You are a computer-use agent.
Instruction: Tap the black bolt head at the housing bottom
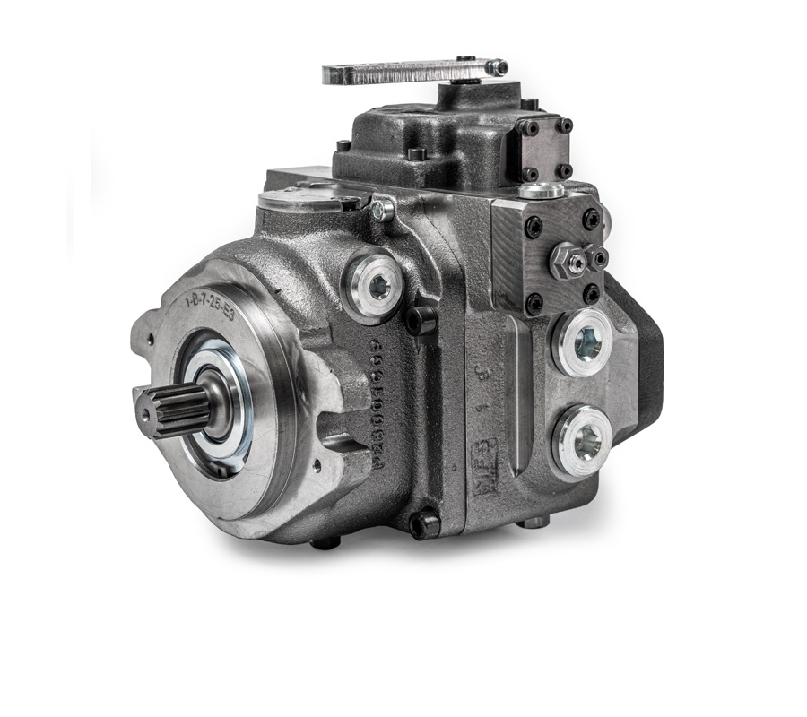424,523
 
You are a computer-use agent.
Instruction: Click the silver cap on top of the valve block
541,190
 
